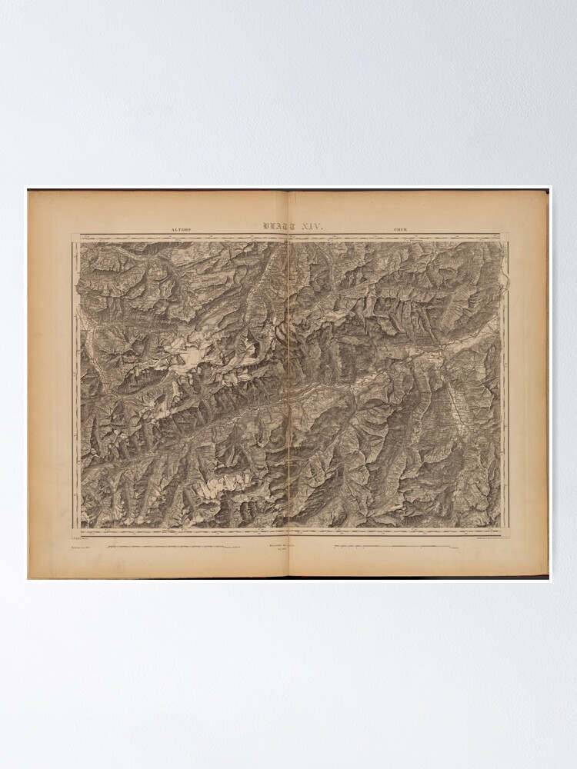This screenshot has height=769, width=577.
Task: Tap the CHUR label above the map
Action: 401,228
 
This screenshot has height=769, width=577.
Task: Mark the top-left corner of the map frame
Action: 80,241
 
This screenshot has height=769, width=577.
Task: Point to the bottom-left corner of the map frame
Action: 80,528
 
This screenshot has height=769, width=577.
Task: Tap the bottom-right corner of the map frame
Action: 501,528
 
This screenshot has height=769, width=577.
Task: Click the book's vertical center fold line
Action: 288,384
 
